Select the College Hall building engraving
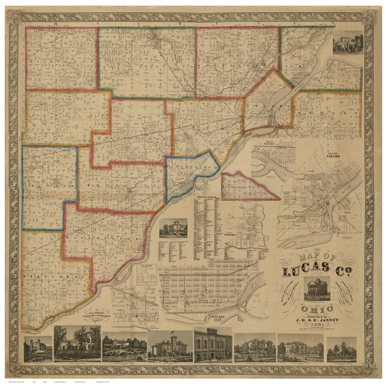tap(213, 345)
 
